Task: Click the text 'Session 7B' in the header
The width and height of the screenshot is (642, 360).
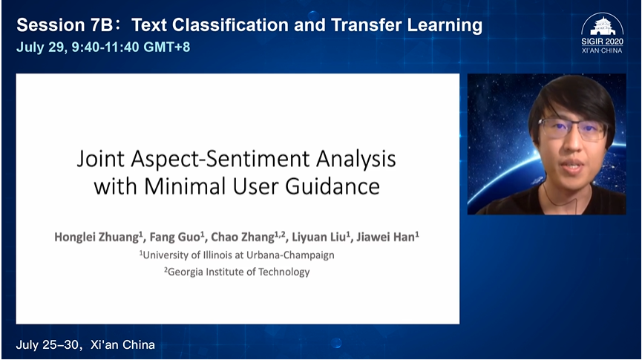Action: (x=65, y=25)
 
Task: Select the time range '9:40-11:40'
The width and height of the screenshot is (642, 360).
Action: (x=105, y=47)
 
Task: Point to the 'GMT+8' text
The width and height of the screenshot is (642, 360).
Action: (x=167, y=47)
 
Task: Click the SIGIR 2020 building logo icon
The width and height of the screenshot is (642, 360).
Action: (x=602, y=25)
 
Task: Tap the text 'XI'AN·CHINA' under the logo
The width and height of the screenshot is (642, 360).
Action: (x=602, y=50)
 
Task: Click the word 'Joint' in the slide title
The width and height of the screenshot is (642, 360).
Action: (x=100, y=159)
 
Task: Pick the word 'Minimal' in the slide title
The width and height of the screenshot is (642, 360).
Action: (x=185, y=187)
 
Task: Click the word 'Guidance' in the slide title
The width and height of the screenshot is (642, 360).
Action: (x=333, y=187)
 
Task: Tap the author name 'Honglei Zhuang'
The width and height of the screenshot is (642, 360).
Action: (x=96, y=237)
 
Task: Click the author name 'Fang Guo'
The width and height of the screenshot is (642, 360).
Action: (x=175, y=237)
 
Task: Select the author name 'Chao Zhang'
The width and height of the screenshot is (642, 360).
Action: (x=243, y=237)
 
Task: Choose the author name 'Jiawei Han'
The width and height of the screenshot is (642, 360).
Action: (x=386, y=237)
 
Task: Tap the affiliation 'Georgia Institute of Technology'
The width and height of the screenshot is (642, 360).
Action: (x=239, y=272)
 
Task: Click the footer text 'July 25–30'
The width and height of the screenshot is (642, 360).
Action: (x=47, y=345)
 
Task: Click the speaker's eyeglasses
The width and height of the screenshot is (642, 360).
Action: (x=573, y=128)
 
